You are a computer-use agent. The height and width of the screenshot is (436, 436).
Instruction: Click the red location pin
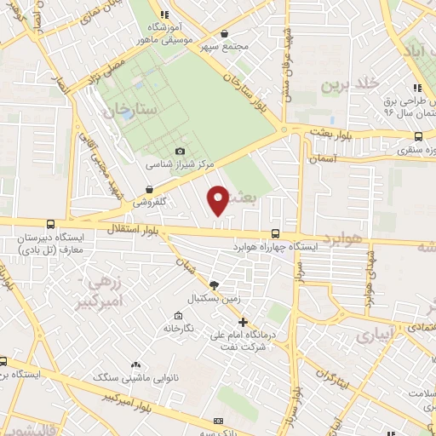(219, 198)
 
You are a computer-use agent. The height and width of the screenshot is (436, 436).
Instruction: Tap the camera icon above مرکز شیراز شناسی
(179, 152)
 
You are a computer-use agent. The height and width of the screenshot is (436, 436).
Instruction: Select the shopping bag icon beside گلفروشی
(150, 190)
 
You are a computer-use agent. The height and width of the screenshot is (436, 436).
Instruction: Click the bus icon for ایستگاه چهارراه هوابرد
(275, 233)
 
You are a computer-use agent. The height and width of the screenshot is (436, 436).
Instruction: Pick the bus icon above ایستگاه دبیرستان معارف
(50, 224)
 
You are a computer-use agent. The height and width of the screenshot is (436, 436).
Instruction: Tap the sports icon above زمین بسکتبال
(213, 285)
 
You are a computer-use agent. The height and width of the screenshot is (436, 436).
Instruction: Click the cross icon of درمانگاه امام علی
(244, 322)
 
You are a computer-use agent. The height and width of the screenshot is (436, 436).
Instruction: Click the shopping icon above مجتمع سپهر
(223, 34)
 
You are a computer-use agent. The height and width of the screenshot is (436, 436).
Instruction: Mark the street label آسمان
(324, 159)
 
